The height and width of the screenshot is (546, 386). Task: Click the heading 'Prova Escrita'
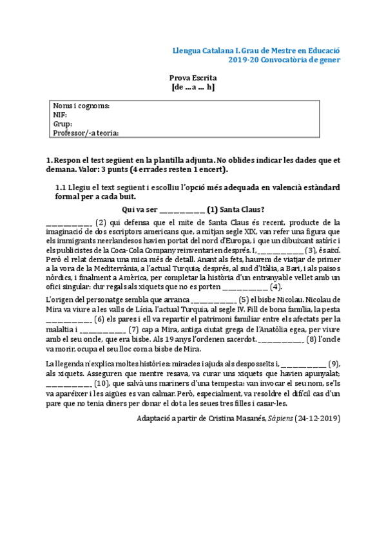pos(193,77)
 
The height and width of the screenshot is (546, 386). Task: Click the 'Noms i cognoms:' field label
pos(81,106)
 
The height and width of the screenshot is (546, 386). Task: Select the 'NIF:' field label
pos(61,115)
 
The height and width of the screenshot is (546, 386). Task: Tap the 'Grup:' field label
pos(63,124)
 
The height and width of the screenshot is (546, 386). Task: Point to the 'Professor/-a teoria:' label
pos(86,133)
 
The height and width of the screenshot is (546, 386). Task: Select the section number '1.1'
pos(63,187)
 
